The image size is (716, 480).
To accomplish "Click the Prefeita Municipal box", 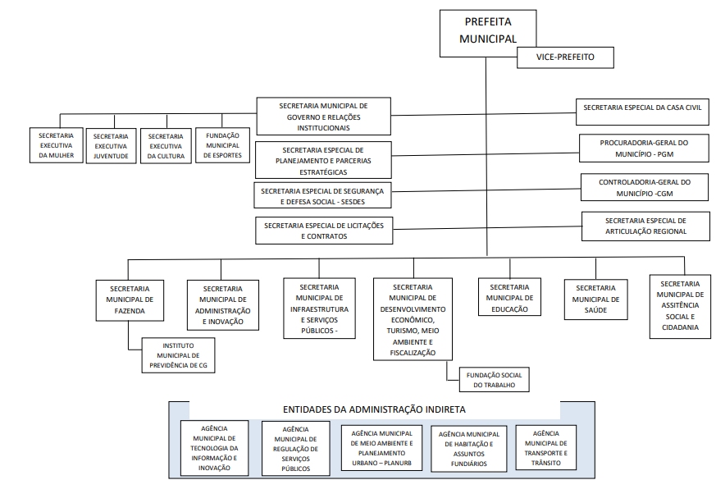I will (488, 30).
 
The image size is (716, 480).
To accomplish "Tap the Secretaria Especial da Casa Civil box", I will (642, 107).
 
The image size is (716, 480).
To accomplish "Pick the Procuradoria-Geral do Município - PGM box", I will (643, 149).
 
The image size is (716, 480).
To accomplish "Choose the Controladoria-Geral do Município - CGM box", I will (644, 187).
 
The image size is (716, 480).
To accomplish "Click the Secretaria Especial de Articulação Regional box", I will (645, 226).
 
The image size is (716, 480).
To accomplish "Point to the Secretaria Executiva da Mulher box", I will (57, 145).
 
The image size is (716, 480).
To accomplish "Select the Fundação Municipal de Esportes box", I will (222, 145).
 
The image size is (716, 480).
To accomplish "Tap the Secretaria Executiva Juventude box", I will (111, 146).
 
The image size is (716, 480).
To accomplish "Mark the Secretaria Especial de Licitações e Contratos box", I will (324, 231).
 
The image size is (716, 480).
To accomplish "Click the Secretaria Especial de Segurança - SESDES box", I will (322, 195).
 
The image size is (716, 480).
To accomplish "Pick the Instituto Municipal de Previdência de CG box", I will (179, 355).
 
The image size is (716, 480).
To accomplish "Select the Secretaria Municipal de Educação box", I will (510, 298).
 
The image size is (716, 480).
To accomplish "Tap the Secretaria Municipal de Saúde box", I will (595, 299).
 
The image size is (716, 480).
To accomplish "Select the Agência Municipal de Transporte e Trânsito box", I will (545, 447).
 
